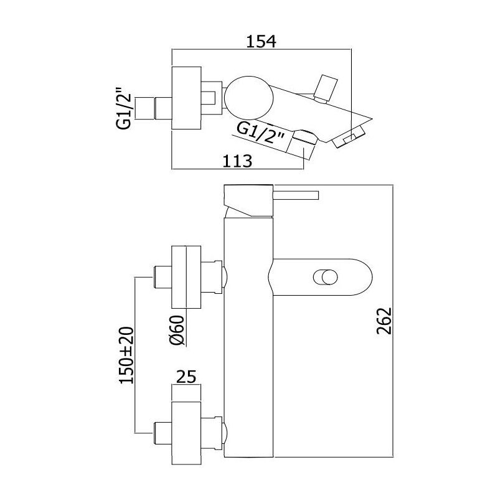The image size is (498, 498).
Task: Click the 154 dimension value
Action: point(261,41)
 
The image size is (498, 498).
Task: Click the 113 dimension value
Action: point(237,161)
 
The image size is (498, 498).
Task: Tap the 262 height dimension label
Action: point(384,321)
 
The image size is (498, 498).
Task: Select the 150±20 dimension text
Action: point(126,355)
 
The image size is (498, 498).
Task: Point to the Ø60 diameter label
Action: point(177,330)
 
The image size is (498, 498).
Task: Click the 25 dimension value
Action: point(186,377)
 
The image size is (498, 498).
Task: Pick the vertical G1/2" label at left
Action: point(124,108)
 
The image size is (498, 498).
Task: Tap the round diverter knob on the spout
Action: point(325,277)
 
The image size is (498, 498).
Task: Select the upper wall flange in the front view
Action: point(186,277)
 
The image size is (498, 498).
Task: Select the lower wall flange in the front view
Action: point(186,433)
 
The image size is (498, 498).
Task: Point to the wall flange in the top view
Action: point(186,98)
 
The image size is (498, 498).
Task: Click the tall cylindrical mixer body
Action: point(248,321)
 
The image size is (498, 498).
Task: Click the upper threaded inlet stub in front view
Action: point(162,277)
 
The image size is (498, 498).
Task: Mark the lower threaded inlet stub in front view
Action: point(162,433)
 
